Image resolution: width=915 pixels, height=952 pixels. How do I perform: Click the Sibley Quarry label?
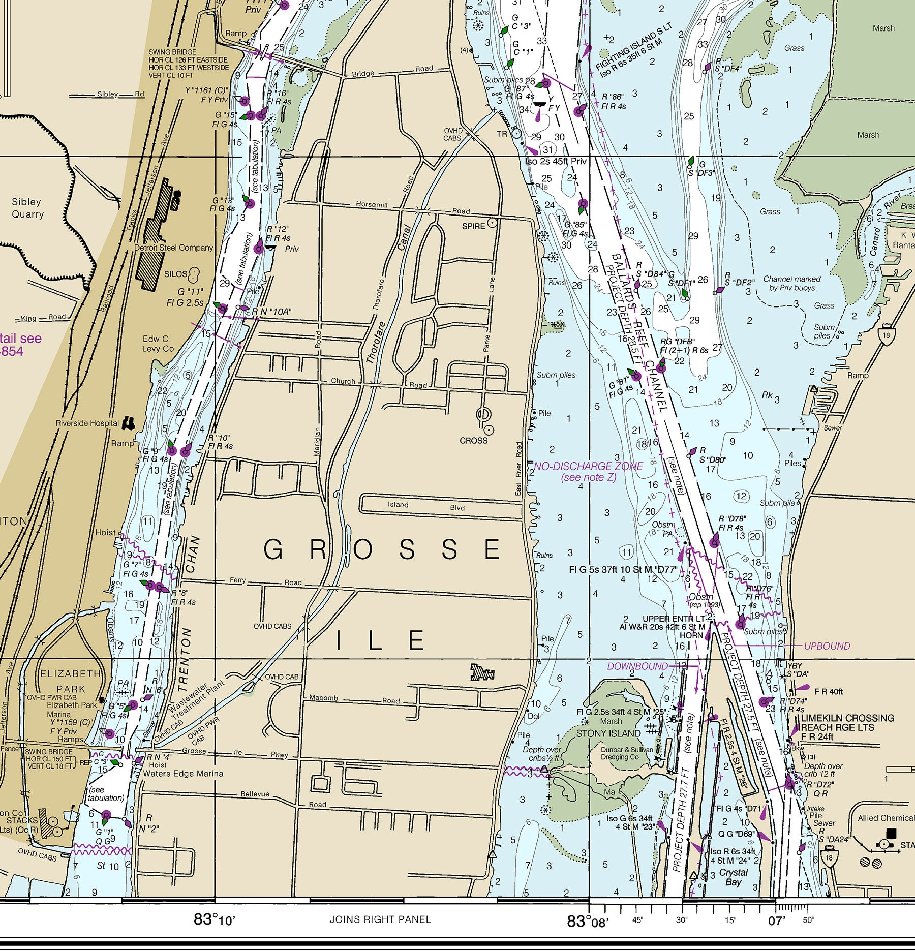tap(27, 208)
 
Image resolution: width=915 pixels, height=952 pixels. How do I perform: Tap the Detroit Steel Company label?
tap(173, 248)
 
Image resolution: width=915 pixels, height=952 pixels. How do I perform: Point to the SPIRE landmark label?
tap(473, 226)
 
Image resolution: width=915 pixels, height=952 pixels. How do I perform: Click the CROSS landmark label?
tap(473, 441)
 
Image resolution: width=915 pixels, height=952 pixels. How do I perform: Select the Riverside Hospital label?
tap(87, 423)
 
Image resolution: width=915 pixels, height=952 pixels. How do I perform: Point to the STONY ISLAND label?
tap(608, 733)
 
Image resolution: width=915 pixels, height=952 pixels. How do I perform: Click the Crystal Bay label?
tap(733, 877)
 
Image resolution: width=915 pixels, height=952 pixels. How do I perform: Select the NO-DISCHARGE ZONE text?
tap(588, 466)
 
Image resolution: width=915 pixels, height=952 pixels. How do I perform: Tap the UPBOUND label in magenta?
tap(827, 646)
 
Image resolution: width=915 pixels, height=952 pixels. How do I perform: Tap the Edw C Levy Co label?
tap(158, 344)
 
